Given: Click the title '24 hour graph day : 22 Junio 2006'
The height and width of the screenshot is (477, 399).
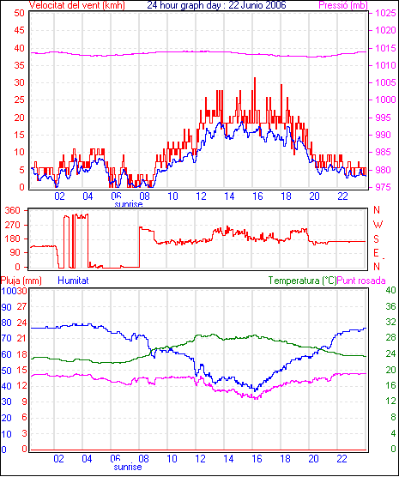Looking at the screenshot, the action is (x=216, y=5).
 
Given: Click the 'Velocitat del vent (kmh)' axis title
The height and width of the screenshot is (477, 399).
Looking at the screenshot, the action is (x=76, y=5).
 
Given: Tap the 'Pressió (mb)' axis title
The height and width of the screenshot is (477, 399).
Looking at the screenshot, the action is (x=343, y=5).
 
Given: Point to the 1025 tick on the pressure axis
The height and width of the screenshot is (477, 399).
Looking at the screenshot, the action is (x=385, y=13).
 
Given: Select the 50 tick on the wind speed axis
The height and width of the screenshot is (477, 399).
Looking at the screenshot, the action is (x=19, y=13).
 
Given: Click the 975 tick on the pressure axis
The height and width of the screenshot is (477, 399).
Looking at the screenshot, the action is (x=385, y=187).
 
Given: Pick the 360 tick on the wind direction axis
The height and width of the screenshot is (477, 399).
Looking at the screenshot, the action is (x=13, y=210).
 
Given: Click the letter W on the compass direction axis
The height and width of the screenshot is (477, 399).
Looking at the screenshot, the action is (x=378, y=225).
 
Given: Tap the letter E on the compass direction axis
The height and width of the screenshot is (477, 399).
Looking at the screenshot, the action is (x=376, y=253).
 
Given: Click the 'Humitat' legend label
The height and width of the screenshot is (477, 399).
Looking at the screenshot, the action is (x=73, y=281).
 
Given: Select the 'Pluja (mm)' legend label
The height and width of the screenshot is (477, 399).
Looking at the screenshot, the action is (x=21, y=281).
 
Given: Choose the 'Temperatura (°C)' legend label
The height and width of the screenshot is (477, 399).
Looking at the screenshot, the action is (x=303, y=281).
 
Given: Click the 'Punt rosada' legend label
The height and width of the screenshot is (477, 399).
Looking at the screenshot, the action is (x=361, y=281).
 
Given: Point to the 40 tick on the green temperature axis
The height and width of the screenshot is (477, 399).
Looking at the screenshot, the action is (x=390, y=291).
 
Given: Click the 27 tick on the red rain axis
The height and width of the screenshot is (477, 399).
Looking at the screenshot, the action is (x=21, y=306).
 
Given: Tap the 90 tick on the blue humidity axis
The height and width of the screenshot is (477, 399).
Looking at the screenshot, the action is (x=6, y=307).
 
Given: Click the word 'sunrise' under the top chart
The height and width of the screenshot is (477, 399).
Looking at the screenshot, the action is (x=129, y=204).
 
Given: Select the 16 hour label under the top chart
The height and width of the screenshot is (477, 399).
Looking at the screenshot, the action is (x=257, y=196).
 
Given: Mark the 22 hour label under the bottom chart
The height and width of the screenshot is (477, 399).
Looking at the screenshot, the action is (x=342, y=458).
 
